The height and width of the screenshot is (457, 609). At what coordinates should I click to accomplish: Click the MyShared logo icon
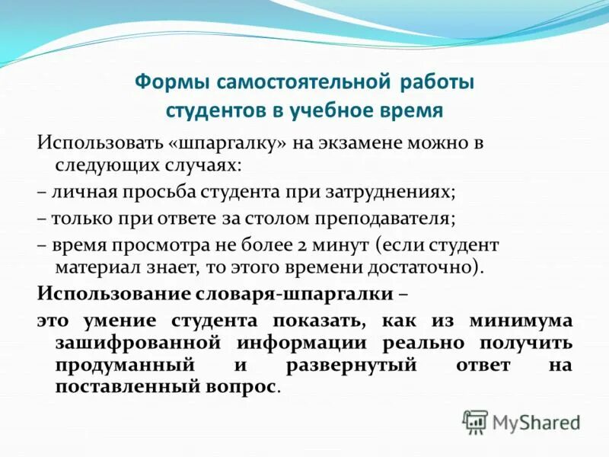coord(476,421)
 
